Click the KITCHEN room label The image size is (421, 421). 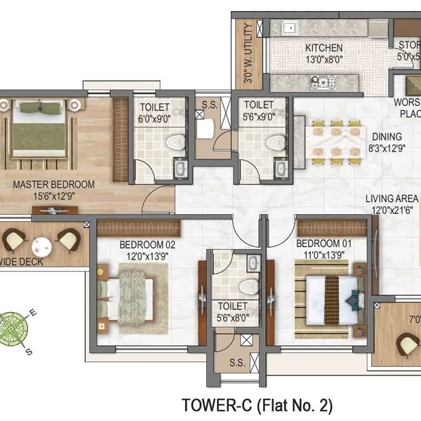pyautogui.click(x=323, y=48)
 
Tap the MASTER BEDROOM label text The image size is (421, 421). pyautogui.click(x=54, y=185)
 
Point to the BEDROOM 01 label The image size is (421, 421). pyautogui.click(x=323, y=243)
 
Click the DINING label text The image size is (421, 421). pyautogui.click(x=387, y=137)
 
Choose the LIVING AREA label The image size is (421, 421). pyautogui.click(x=390, y=199)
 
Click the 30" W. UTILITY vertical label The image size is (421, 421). pyautogui.click(x=248, y=54)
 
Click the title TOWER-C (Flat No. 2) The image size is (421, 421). pyautogui.click(x=257, y=406)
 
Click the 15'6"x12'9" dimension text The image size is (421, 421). pyautogui.click(x=54, y=196)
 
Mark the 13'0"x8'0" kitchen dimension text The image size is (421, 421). pyautogui.click(x=323, y=59)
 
